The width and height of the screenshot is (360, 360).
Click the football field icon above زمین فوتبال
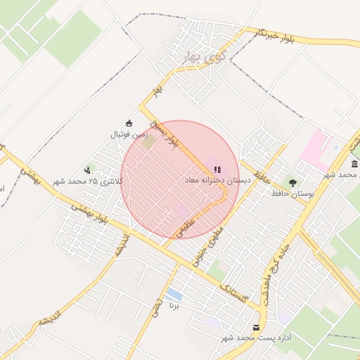click(x=128, y=123)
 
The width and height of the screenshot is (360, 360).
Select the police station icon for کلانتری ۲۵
click(x=88, y=169)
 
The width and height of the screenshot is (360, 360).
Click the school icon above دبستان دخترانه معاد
click(x=217, y=169)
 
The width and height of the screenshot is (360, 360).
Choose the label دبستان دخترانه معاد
click(x=217, y=181)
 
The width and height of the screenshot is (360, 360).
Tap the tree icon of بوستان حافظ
click(x=292, y=182)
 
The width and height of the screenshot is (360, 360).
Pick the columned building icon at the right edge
click(x=354, y=165)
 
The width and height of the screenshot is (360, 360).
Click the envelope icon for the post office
click(x=256, y=328)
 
